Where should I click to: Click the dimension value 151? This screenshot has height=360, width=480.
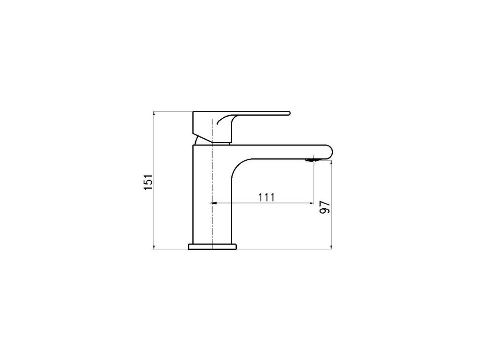point(148,182)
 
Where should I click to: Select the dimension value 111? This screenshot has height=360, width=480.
point(266,198)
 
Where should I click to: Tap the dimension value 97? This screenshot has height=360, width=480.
point(325,207)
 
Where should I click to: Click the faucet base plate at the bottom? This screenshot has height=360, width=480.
point(213,247)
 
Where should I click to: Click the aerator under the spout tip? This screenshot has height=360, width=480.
point(310,159)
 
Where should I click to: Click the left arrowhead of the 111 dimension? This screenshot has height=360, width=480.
point(214,203)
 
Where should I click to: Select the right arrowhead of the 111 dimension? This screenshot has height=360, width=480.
point(312,203)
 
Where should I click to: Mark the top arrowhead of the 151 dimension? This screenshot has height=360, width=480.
point(154,114)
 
